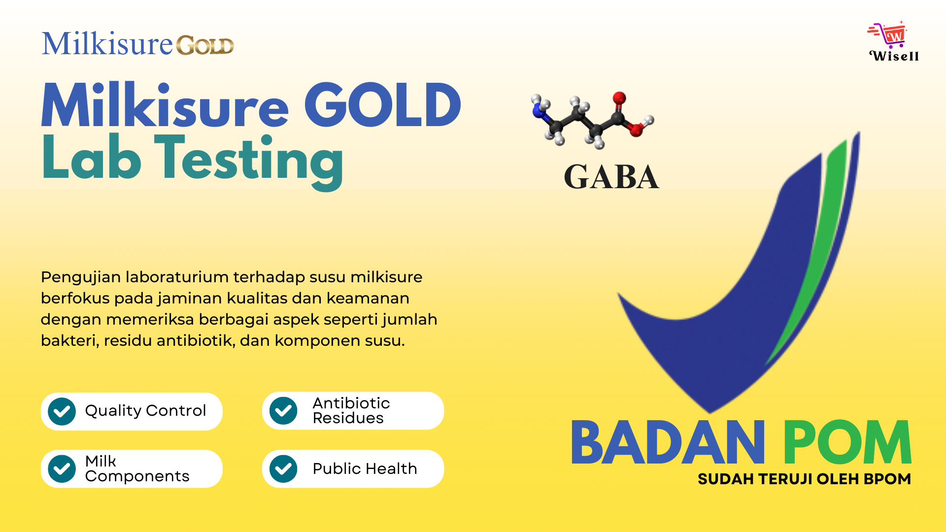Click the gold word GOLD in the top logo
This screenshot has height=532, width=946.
point(205,45)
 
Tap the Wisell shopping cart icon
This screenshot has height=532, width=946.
point(888,34)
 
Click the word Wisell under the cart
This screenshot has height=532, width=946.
point(894,56)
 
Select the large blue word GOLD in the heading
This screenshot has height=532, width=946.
point(382,104)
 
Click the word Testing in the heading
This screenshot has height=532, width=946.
point(249,160)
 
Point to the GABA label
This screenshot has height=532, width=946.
point(611,177)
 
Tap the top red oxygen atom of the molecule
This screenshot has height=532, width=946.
point(619,98)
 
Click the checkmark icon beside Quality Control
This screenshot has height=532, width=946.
point(62,411)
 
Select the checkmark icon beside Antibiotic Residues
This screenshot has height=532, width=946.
point(283,411)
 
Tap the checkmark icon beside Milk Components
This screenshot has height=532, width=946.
point(62,468)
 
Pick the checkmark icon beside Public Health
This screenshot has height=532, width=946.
point(283,468)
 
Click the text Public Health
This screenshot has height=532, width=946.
point(365,468)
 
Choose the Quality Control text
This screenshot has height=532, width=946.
point(145,411)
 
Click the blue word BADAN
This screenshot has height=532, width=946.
point(668,442)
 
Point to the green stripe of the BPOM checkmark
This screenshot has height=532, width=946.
point(813,246)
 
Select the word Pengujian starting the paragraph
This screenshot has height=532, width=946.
point(81,278)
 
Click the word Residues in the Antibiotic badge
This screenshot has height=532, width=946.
point(348,418)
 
